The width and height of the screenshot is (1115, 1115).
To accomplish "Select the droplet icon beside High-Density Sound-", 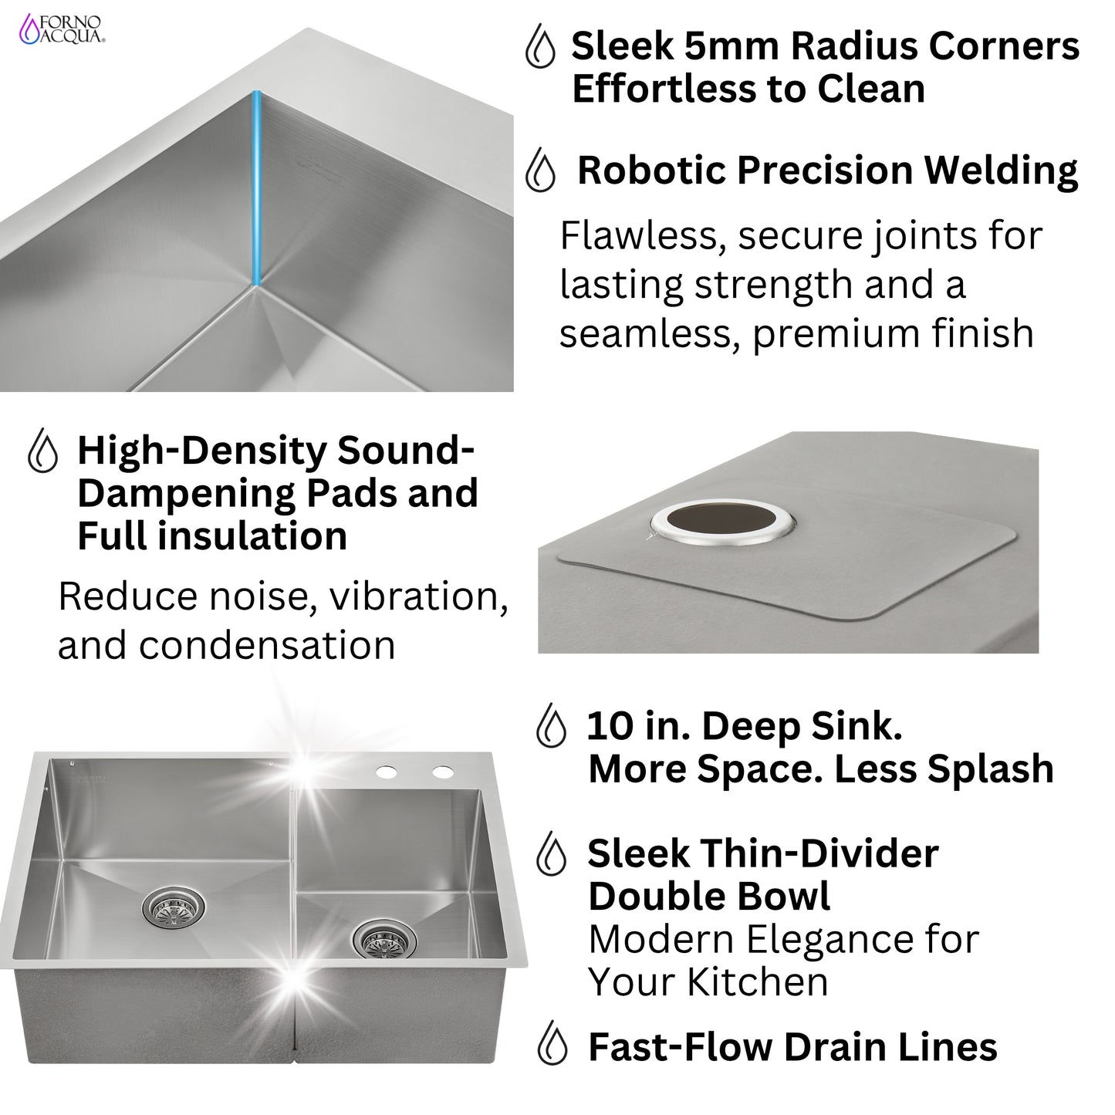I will [x=42, y=451].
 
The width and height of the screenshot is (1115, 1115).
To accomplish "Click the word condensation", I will [x=266, y=645].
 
